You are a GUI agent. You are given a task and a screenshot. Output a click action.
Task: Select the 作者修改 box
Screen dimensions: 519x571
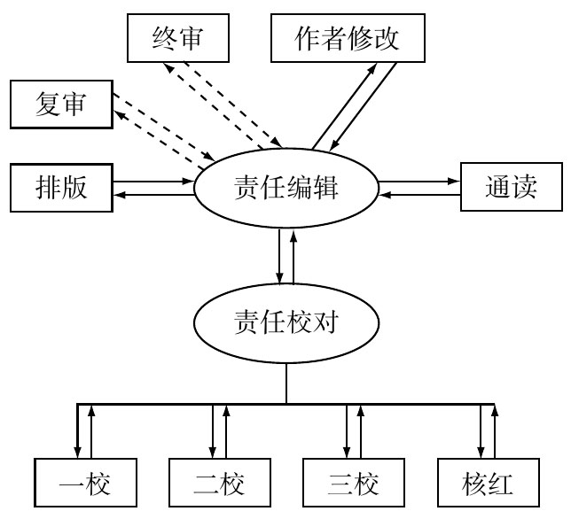[x=348, y=39]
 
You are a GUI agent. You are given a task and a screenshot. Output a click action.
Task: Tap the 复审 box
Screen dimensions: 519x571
[x=61, y=105]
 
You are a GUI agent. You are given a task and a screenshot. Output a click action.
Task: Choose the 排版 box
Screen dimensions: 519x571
[x=61, y=188]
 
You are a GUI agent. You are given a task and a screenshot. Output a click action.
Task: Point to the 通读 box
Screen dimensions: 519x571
[x=511, y=188]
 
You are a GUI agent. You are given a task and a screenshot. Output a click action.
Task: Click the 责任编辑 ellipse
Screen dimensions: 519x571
[x=286, y=188]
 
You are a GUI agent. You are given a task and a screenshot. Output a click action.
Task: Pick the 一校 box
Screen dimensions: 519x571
[x=86, y=484]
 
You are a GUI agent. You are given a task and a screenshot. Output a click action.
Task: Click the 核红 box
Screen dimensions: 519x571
[x=487, y=484]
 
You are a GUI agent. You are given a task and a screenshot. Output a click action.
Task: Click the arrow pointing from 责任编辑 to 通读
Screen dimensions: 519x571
[x=418, y=182]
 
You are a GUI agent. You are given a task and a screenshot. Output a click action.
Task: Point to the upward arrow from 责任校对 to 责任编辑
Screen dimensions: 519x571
[x=293, y=257]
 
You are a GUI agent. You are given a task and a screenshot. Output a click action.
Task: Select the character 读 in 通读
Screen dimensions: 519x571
[x=525, y=188]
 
